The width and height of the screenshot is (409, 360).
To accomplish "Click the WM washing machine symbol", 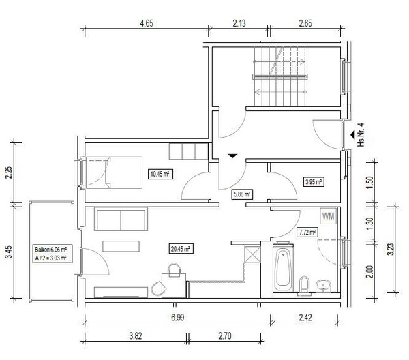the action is (x=329, y=216).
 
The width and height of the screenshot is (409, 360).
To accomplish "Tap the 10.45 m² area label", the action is (x=160, y=174).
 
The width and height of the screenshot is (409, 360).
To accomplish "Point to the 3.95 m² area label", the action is (x=314, y=182).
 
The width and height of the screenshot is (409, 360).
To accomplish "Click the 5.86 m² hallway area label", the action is (x=242, y=194).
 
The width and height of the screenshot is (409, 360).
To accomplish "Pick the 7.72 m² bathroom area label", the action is (x=307, y=232).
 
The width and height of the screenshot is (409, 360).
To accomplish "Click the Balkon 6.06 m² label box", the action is (x=52, y=254).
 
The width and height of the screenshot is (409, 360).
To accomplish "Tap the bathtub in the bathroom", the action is (x=283, y=267).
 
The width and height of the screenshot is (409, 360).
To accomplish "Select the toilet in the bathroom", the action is (x=304, y=286).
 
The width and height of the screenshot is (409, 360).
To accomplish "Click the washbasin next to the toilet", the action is (x=323, y=286).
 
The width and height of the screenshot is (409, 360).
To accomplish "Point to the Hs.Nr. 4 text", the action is (x=361, y=134).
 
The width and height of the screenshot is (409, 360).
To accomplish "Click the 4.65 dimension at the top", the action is (x=147, y=23).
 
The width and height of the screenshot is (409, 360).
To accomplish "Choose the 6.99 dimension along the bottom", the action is (x=178, y=318).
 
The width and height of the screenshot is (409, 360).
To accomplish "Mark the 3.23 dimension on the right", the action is (x=391, y=250).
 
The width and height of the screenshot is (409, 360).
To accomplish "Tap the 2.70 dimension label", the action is (x=224, y=335).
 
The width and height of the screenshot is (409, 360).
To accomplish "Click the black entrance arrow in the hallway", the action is (x=232, y=156).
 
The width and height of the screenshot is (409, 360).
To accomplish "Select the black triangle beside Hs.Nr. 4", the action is (x=352, y=134).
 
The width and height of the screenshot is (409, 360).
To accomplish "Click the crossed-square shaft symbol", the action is (x=252, y=254).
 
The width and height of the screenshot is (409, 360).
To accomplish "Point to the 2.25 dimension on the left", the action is (x=9, y=172).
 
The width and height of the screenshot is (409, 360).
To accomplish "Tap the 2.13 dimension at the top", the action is (x=239, y=23).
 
